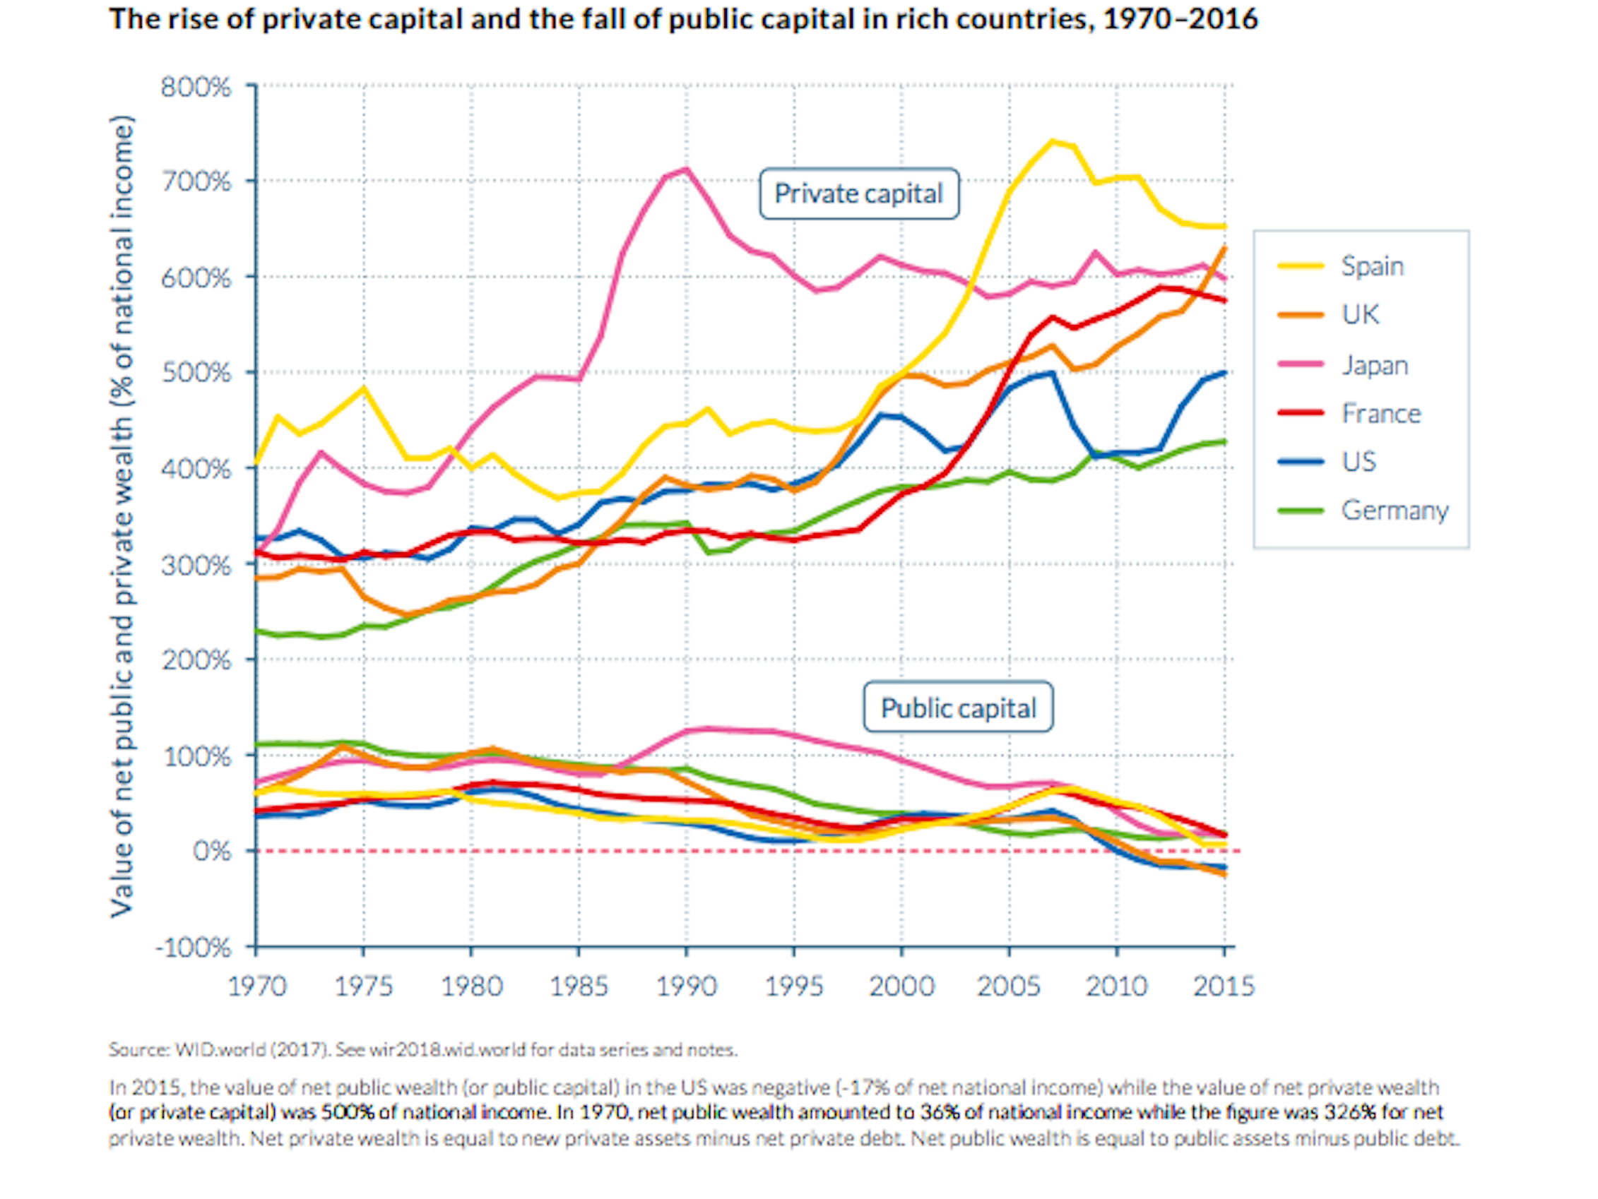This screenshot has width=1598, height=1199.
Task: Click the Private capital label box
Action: [x=858, y=193]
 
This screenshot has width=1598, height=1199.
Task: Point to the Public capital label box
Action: [x=958, y=708]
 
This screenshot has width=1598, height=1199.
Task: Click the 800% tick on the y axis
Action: [x=196, y=88]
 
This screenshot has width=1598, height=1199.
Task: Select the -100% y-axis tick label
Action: [x=193, y=947]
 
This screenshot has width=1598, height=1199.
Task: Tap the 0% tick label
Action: [x=211, y=851]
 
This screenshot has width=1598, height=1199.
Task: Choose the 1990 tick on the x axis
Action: [x=686, y=986]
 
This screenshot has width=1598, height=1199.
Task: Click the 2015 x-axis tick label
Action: [x=1223, y=986]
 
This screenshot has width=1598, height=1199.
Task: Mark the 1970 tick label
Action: [x=257, y=986]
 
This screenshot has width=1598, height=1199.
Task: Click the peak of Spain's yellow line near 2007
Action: [x=1052, y=141]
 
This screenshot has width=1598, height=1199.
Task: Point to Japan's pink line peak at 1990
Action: [x=686, y=169]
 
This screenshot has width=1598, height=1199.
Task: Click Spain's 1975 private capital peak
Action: [x=364, y=388]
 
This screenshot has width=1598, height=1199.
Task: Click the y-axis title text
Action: [x=122, y=516]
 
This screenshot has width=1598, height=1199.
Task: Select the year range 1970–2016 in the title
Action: [x=1180, y=19]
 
